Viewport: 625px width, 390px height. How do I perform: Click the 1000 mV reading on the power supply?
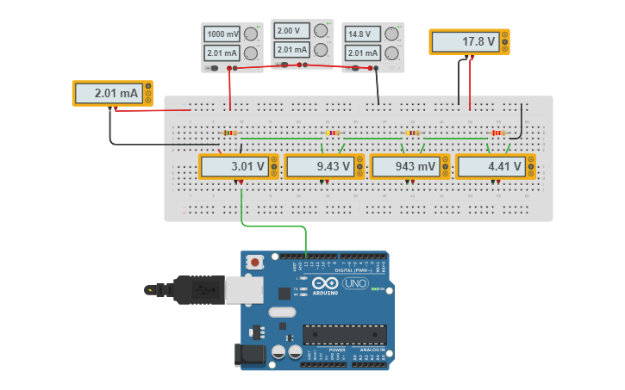coord(222,34)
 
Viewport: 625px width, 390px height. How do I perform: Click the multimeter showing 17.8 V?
coord(470,41)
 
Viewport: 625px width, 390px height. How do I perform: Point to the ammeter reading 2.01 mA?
coord(112,93)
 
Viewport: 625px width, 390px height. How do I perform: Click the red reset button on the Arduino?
coord(255,262)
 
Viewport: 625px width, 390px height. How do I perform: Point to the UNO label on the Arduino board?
coord(355,283)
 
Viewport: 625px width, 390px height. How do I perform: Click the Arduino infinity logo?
coord(326,283)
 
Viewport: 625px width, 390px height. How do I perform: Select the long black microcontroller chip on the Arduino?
coord(344,335)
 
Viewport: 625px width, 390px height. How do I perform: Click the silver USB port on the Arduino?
coord(243,290)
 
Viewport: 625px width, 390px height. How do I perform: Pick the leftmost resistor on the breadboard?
coord(229,133)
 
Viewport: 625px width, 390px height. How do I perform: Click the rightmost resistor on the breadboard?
coord(497,133)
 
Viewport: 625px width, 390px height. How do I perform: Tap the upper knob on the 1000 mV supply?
coord(250,34)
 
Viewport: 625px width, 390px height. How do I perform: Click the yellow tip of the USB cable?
coord(151,290)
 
